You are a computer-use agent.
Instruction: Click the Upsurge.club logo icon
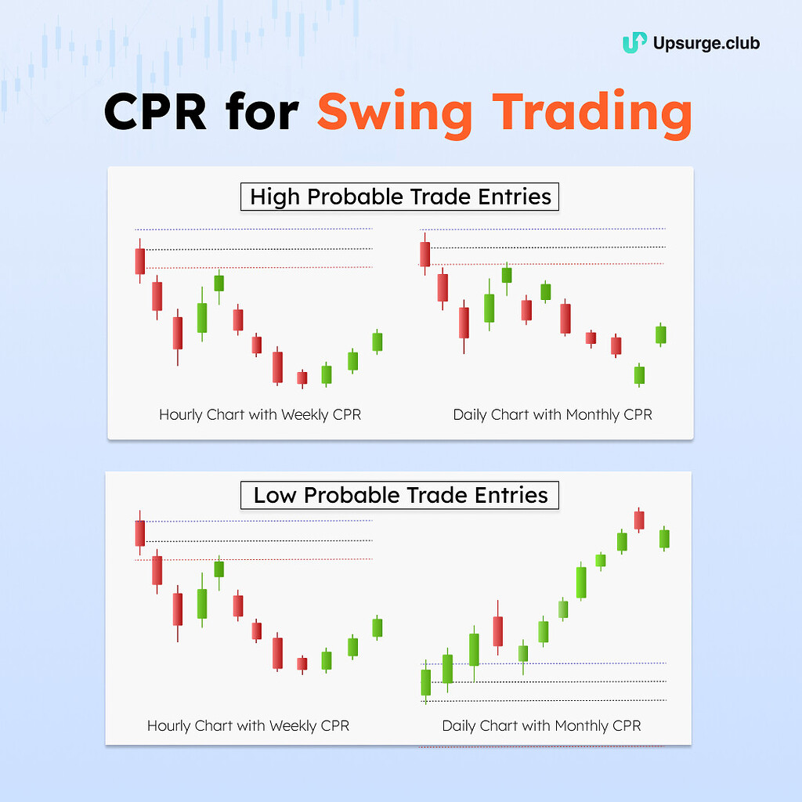point(634,42)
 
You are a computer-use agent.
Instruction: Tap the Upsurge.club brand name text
point(706,44)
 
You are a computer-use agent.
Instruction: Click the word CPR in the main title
point(156,112)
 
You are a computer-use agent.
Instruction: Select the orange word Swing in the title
point(395,114)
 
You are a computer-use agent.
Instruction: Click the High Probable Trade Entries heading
point(400,197)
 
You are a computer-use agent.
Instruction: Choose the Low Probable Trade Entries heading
point(400,495)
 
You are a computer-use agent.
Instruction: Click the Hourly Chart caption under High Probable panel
point(260,414)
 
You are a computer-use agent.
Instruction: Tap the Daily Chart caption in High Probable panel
point(552,414)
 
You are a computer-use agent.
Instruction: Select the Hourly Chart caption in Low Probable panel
point(248,726)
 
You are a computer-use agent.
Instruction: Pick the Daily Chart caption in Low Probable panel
point(541,726)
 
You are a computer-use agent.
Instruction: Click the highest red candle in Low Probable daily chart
point(639,520)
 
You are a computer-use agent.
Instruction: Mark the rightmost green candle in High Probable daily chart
point(661,334)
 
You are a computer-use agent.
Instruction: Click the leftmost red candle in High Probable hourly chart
point(140,262)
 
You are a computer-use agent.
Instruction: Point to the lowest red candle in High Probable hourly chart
point(302,378)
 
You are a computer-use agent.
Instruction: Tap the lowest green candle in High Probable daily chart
point(639,375)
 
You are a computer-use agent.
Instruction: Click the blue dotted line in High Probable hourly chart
point(254,229)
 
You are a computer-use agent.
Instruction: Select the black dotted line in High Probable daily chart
point(548,247)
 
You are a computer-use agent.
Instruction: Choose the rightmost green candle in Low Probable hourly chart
point(378,627)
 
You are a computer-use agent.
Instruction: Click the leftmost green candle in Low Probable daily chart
point(426,682)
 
